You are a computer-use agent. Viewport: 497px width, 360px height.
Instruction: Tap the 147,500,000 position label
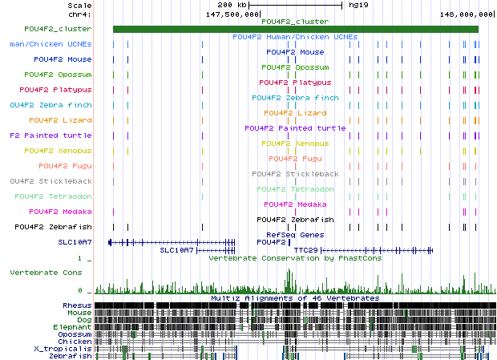[232, 14]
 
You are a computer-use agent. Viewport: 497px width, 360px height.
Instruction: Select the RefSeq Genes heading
[295, 234]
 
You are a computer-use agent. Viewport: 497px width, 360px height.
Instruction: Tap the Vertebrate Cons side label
[46, 273]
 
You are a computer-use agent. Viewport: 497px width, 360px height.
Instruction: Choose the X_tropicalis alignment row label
[63, 349]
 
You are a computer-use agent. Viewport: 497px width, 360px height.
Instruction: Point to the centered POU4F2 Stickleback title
[295, 173]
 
